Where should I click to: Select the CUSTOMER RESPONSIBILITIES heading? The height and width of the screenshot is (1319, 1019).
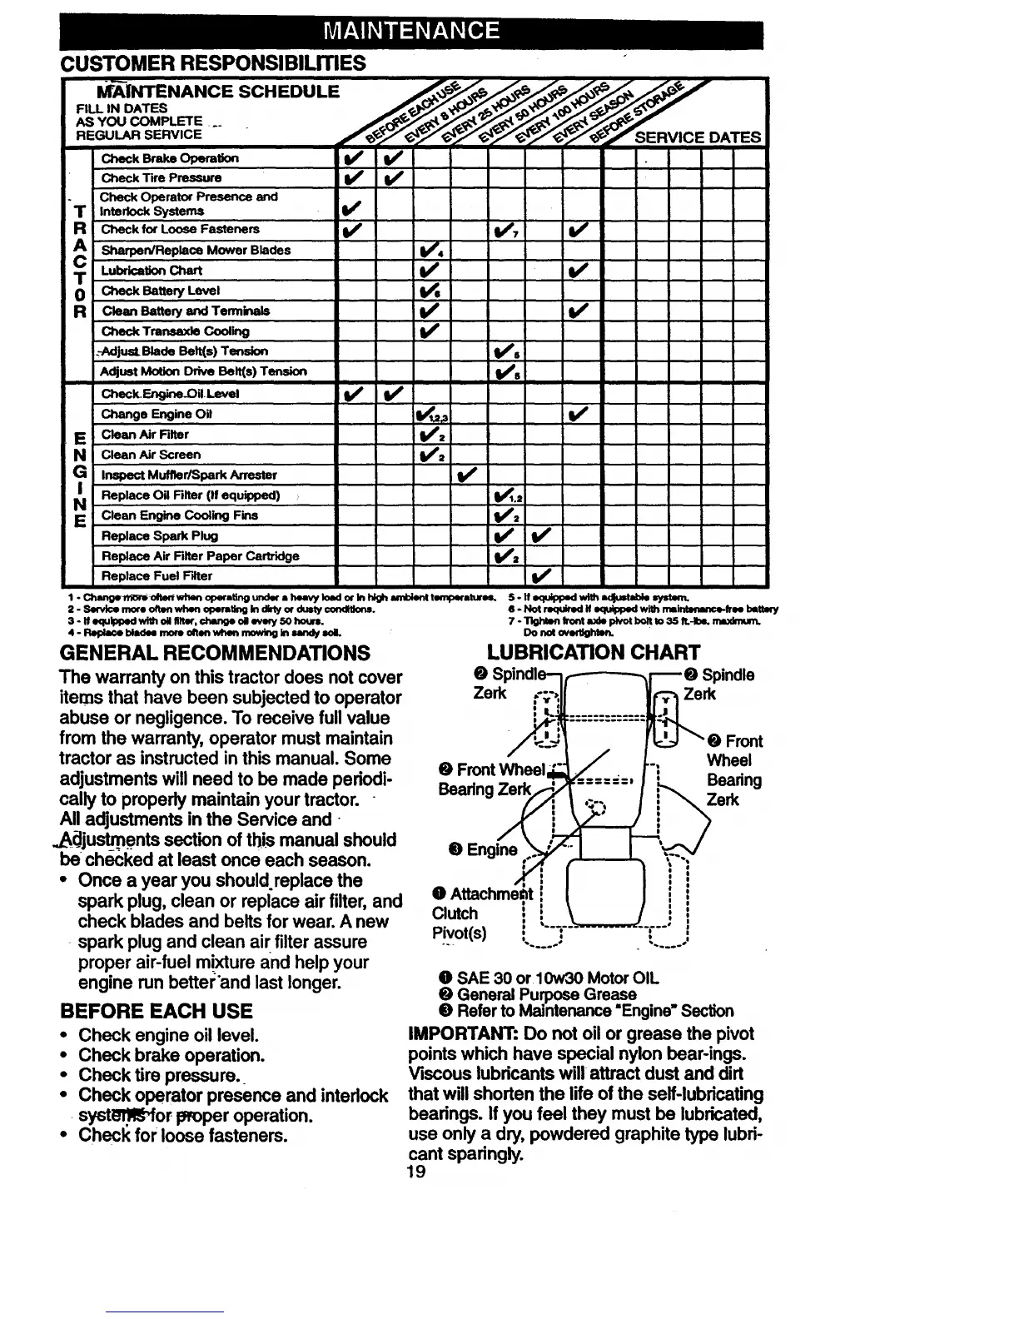tap(213, 62)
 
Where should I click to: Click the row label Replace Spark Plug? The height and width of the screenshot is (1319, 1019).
tap(160, 535)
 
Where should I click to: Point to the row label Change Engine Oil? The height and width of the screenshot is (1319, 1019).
tap(157, 414)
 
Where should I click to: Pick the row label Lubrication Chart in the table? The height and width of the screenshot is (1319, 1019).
tap(152, 270)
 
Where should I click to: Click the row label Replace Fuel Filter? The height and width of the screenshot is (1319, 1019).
tap(157, 575)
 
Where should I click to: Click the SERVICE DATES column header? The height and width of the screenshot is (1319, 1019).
tap(698, 137)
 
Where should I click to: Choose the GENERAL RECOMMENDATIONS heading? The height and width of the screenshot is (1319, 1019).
tap(216, 652)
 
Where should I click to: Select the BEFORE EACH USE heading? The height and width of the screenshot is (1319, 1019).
tap(156, 1011)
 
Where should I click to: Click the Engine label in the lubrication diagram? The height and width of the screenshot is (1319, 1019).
tap(483, 849)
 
